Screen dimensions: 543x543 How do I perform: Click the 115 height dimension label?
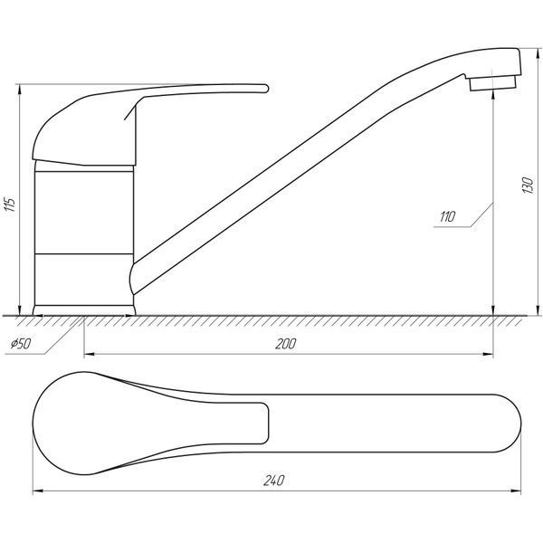coord(10,205)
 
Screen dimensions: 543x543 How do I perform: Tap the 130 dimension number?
coord(529,185)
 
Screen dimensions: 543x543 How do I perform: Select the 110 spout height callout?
coord(447,217)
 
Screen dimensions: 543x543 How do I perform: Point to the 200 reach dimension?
coord(286,344)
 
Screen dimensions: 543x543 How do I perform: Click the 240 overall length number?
coord(273,481)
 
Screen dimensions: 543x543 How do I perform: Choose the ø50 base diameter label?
coord(21,344)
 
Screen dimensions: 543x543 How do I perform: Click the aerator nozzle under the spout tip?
coord(492,83)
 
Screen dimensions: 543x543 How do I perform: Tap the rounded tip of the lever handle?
coord(265,89)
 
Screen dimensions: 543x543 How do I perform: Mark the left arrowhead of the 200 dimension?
coord(89,354)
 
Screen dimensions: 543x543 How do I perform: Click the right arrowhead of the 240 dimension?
coord(516,491)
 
